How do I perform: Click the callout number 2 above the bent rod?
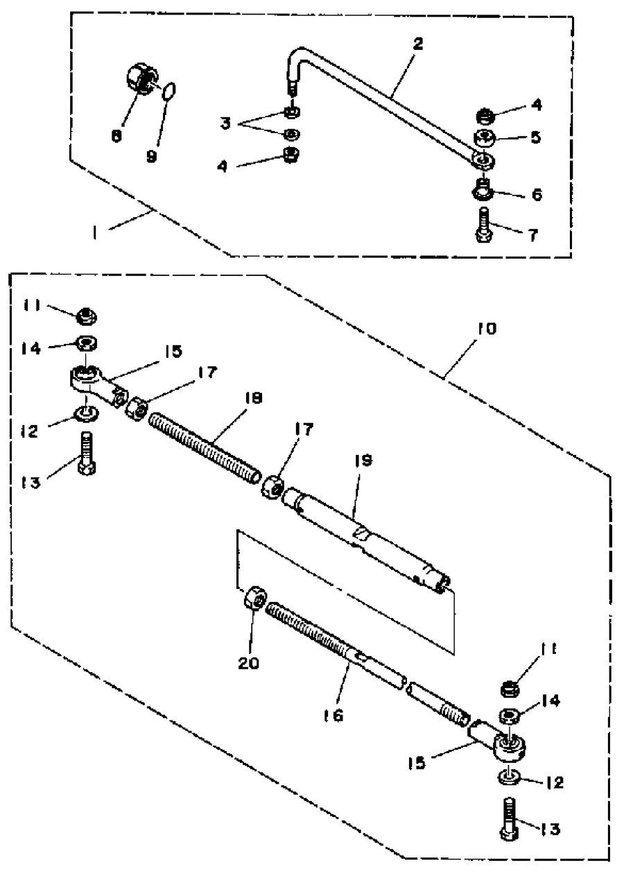click(x=418, y=44)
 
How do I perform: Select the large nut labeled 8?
click(x=142, y=78)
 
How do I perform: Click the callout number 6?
click(x=537, y=194)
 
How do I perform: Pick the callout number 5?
click(x=536, y=137)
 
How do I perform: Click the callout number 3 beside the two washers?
click(x=225, y=123)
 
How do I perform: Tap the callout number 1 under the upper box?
click(x=94, y=234)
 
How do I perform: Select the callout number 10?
click(x=487, y=329)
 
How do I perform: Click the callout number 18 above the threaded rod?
click(x=254, y=399)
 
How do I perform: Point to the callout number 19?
click(x=363, y=461)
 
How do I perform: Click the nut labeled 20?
click(x=255, y=599)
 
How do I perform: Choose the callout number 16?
click(x=333, y=715)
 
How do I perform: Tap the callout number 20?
click(x=249, y=662)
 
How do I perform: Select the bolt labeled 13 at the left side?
click(x=87, y=454)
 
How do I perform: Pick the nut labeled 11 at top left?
click(x=87, y=316)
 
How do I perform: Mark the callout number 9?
click(x=152, y=157)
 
